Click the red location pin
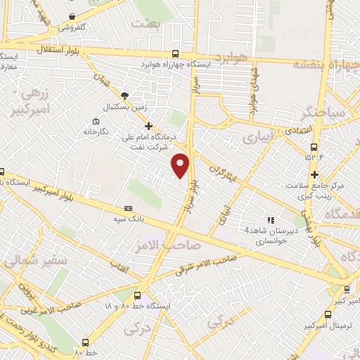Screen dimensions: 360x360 [181, 165]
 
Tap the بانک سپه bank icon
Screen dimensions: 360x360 [128, 208]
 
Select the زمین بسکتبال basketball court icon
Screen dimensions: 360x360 [124, 95]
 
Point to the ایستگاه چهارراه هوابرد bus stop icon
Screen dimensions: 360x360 [175, 53]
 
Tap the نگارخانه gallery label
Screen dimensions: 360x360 [98, 131]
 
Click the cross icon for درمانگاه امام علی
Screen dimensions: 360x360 [148, 125]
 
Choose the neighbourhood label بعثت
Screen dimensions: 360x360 [146, 24]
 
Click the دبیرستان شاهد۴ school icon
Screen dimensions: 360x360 [270, 220]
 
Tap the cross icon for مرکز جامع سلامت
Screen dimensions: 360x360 [316, 174]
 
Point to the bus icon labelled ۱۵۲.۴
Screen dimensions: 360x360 [314, 148]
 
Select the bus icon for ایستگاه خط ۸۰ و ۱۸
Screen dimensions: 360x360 [136, 296]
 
